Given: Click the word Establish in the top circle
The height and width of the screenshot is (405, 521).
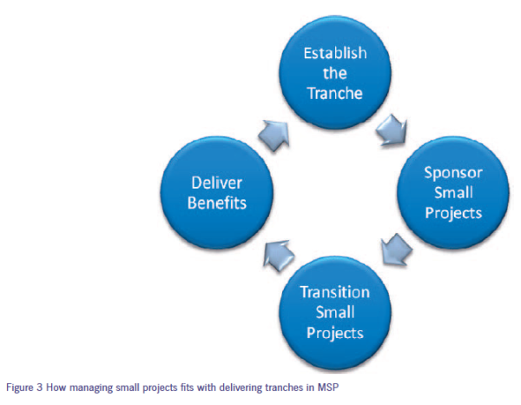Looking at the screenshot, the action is tap(335, 53).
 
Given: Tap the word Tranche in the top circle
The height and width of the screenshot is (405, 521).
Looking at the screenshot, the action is tap(335, 94).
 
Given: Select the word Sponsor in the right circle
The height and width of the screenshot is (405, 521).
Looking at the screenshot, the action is tap(453, 173).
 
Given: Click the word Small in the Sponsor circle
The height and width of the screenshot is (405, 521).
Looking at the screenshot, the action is tap(454, 193).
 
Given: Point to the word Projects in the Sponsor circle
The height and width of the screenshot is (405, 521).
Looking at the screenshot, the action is tap(453, 213).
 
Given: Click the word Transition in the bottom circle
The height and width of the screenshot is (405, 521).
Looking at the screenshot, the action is tap(335, 292).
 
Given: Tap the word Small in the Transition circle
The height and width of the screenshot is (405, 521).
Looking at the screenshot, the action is tap(335, 312).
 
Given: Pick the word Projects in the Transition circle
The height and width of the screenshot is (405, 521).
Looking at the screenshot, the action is tap(335, 333).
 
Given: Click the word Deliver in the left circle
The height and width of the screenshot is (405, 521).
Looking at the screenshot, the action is tap(216, 183).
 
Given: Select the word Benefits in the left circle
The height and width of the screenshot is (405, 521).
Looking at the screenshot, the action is tap(217, 202).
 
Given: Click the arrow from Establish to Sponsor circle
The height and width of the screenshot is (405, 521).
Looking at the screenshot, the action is tap(392, 130).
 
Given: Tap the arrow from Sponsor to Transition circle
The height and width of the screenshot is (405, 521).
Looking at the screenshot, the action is tap(396, 249).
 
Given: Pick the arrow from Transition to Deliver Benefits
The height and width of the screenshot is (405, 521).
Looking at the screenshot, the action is tap(279, 256).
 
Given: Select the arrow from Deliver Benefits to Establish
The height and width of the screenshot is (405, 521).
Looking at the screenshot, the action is tap(274, 136).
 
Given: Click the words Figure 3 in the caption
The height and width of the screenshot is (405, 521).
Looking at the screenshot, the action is tap(24, 388).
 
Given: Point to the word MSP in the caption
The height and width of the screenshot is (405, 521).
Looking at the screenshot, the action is tap(327, 388).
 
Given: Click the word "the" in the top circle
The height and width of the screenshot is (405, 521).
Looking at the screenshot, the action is tap(335, 73).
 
